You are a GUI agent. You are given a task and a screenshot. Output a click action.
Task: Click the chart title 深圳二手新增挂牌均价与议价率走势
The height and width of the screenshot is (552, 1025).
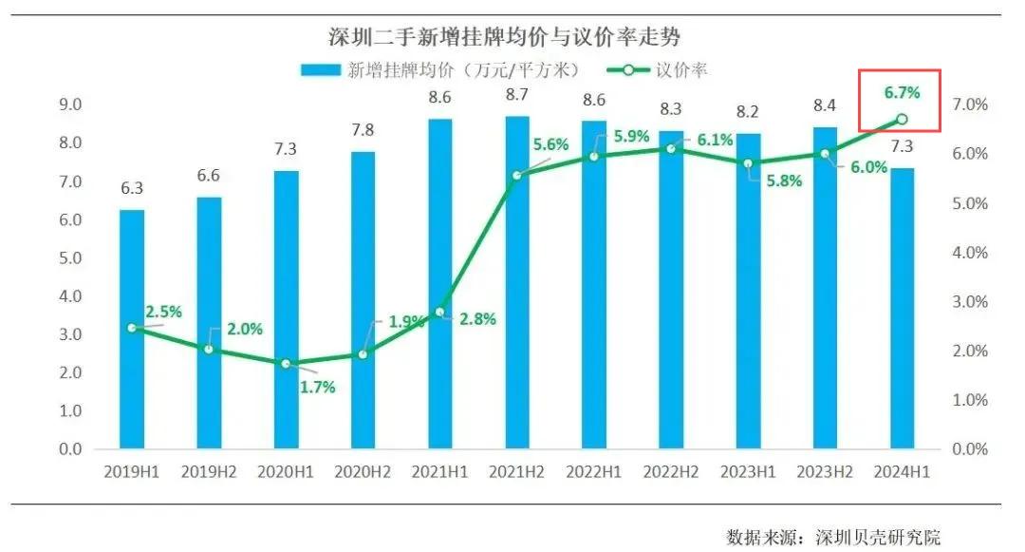tap(505, 37)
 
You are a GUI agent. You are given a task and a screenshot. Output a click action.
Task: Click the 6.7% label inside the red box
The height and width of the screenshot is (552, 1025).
tap(902, 92)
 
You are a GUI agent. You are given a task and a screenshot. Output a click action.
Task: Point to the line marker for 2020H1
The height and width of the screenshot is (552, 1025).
tap(286, 364)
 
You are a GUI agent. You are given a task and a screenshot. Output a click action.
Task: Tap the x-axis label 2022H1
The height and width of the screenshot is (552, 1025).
tap(594, 471)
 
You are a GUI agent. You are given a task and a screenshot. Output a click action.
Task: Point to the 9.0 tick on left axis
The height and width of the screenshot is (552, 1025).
tap(70, 105)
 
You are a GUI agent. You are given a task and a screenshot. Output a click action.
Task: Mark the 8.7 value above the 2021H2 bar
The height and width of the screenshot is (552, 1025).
tap(517, 95)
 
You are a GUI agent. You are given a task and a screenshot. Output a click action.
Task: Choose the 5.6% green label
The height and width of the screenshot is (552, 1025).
tap(550, 145)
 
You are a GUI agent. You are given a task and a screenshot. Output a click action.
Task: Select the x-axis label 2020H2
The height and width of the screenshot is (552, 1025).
tap(363, 471)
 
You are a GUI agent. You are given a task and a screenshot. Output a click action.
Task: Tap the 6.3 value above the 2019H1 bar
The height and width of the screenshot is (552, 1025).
tap(132, 188)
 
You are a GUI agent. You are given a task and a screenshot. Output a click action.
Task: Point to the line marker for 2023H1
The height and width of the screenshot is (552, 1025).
tap(748, 163)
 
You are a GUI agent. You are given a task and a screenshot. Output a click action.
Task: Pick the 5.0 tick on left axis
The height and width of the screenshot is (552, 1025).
tap(70, 258)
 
